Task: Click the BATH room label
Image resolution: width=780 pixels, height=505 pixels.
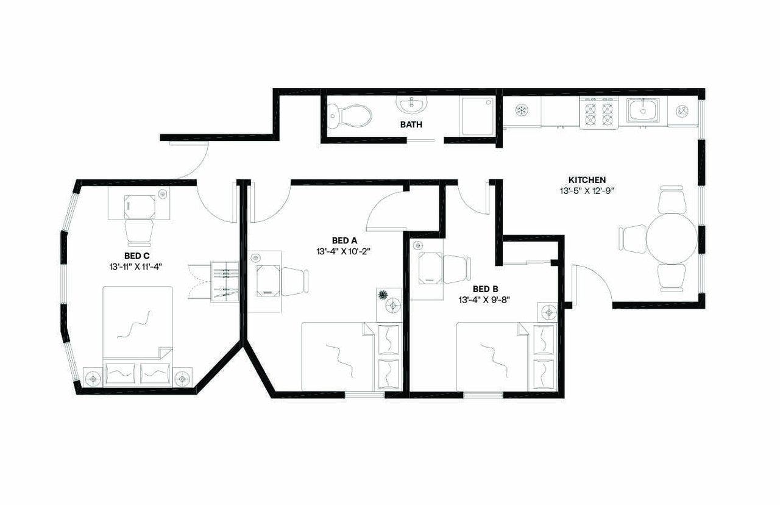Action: coord(411,124)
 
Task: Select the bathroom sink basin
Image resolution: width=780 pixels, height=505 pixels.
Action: coord(412,104)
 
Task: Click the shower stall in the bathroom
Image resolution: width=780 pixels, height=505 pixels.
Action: coord(478,116)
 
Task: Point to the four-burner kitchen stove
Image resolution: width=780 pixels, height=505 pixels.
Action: coord(599,113)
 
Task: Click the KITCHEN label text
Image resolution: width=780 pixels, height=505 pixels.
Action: coord(587,180)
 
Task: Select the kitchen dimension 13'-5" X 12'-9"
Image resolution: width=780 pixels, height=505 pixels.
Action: coord(587,191)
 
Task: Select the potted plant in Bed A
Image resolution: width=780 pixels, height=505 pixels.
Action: coord(383,295)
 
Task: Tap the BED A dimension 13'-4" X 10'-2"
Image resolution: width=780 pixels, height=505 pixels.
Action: coord(344,251)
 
